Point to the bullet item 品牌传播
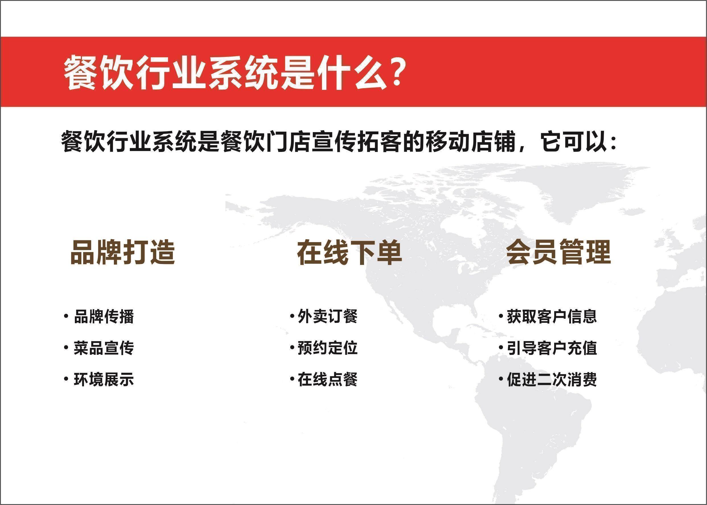104,317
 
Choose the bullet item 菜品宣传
104,348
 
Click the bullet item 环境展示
104,379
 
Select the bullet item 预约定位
328,348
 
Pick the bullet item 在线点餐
328,379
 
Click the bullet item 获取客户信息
552,317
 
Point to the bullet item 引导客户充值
552,348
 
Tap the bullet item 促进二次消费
552,379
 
